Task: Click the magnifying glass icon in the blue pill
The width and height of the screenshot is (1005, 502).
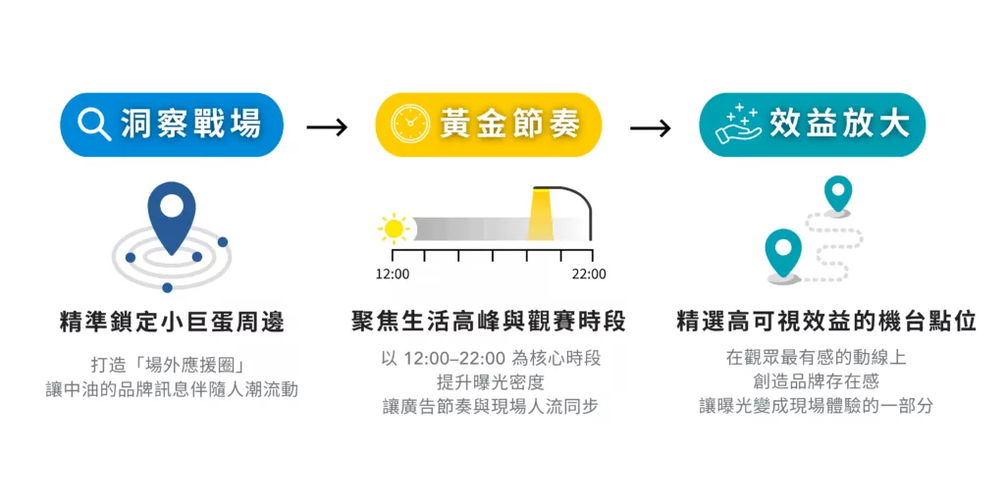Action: coord(93,125)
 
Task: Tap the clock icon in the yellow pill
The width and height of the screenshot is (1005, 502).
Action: coord(409,125)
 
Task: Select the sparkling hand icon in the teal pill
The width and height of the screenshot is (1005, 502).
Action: coord(738,125)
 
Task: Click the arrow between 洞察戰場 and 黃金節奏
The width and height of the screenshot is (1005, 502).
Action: coord(327,127)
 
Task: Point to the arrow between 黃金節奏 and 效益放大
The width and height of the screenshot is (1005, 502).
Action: coord(650,127)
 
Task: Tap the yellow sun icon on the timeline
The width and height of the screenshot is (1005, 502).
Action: coord(394,229)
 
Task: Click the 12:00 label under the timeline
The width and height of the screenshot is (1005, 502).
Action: coord(393,274)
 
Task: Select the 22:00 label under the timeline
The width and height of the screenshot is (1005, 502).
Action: coord(589,274)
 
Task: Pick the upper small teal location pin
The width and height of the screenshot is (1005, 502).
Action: coord(837,194)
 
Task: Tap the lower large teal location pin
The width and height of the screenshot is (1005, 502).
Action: coord(783,253)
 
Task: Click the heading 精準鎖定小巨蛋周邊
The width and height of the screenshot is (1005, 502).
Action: coord(172,322)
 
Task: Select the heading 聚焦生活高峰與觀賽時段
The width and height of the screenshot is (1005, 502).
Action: coord(489,322)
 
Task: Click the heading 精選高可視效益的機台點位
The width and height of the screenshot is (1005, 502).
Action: coord(826,322)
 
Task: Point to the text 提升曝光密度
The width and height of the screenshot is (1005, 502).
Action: coord(490,382)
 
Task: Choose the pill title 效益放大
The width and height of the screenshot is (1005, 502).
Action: coord(839,125)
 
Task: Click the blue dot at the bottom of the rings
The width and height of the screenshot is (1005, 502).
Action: coord(168,287)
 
